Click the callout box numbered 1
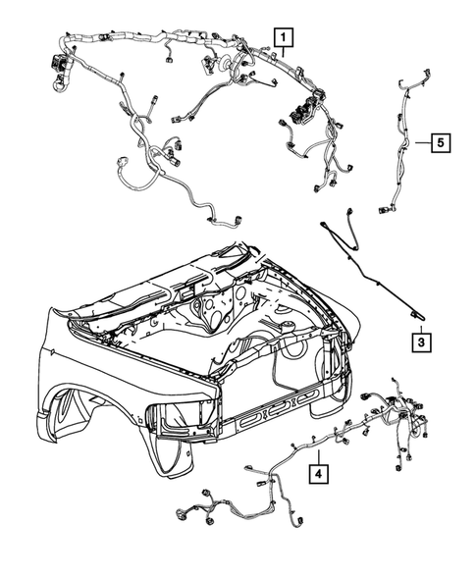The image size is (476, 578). point(283,40)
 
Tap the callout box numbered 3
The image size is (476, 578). point(419,343)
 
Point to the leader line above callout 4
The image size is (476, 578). point(318,453)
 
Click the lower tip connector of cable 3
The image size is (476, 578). point(419,313)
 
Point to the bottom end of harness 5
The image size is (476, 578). point(386,208)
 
